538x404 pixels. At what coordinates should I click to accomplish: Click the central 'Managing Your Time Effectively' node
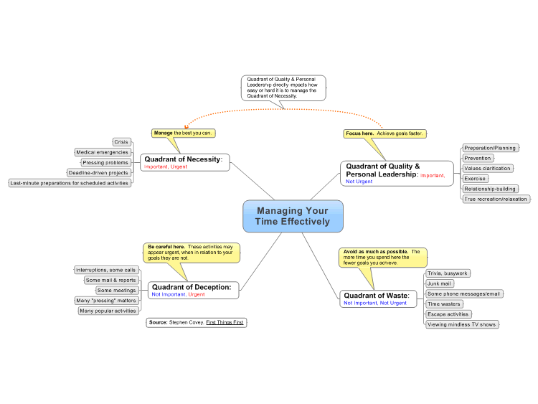293,216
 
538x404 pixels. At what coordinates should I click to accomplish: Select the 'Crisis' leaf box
121,142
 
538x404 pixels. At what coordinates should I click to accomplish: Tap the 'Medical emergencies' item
103,152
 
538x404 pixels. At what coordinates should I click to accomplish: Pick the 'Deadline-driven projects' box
98,173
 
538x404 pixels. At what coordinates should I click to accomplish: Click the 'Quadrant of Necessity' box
184,162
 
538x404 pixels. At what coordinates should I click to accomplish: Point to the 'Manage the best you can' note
183,133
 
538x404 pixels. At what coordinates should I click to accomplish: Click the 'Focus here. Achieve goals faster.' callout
384,133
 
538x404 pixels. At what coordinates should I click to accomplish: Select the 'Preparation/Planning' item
490,148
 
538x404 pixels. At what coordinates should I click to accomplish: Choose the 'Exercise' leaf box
475,179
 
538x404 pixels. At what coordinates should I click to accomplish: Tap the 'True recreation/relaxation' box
496,199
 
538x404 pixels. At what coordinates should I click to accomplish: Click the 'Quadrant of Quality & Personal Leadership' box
397,174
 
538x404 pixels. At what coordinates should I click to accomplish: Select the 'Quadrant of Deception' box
193,290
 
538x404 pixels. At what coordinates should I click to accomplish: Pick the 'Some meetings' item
117,291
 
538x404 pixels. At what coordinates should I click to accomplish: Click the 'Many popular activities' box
108,311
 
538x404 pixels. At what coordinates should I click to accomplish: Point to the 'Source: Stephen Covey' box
197,323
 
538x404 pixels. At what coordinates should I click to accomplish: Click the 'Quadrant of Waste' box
378,299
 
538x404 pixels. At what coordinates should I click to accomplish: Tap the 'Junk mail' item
440,283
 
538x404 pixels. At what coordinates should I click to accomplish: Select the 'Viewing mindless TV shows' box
462,324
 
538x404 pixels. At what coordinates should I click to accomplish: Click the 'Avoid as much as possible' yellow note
382,258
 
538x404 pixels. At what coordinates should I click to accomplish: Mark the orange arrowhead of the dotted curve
187,127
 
